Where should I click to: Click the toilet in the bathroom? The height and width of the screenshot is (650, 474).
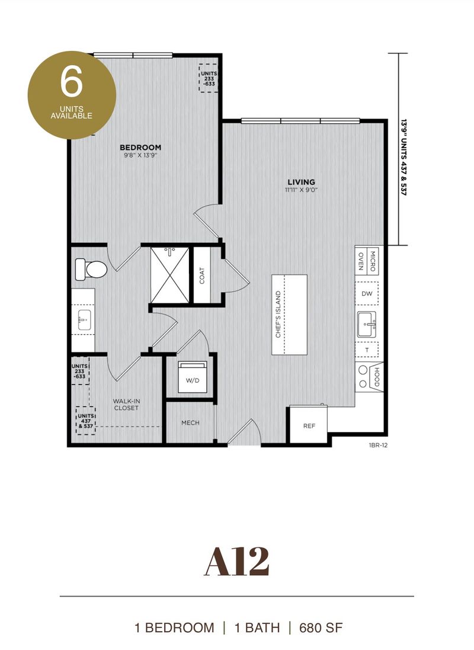pos(91,270)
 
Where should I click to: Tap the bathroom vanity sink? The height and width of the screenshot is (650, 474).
pos(83,321)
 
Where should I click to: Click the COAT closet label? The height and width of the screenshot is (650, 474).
pos(202,276)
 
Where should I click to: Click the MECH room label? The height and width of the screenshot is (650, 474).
pos(190,422)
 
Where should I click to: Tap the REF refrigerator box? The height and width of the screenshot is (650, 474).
pos(308,425)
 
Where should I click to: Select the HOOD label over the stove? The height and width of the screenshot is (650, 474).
pos(374,377)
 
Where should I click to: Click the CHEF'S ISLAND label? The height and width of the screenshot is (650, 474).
pos(278,315)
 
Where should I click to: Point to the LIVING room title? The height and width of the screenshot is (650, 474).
pos(301,182)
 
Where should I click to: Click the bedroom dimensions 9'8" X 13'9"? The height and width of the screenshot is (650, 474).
pos(140,156)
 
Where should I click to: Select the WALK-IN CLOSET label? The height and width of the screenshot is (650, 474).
pos(126,404)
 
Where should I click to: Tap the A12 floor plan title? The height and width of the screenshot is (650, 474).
pos(236,562)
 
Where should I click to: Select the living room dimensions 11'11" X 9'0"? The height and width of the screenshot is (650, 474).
pos(301,190)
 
